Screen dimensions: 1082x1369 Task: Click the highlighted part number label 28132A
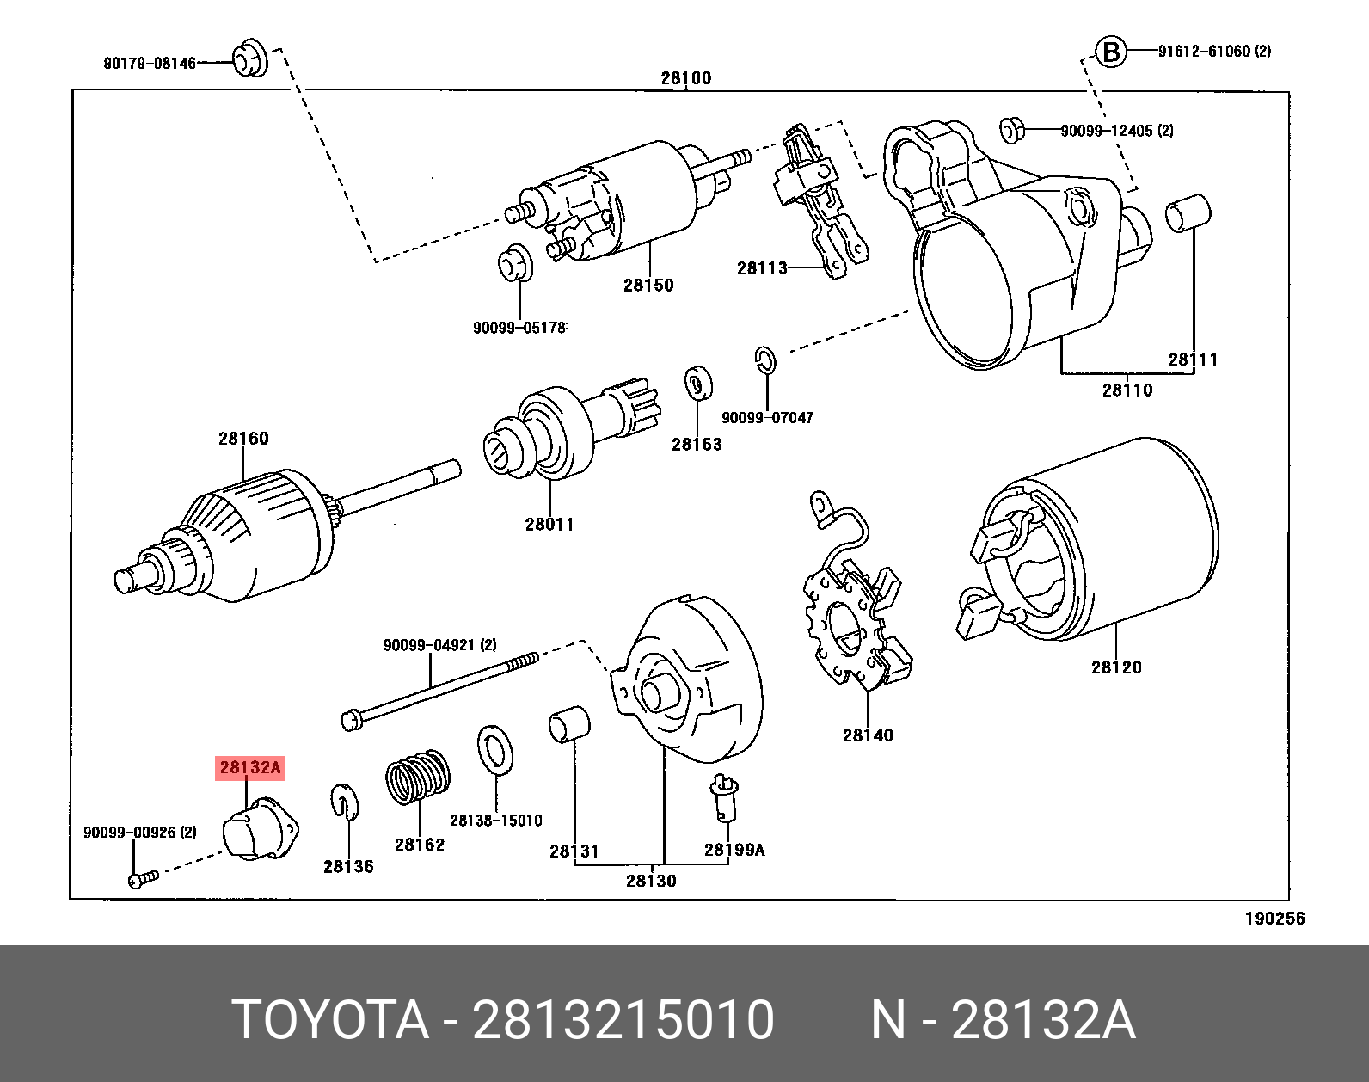coord(249,767)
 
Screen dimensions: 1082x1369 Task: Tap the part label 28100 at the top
coord(685,78)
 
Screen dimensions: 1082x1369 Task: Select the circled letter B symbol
coord(1111,52)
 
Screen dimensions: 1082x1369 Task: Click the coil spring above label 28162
coord(418,777)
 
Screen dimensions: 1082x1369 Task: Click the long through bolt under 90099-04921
coord(439,688)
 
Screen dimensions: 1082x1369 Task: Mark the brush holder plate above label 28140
coord(856,619)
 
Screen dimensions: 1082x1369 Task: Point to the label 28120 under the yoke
coord(1116,667)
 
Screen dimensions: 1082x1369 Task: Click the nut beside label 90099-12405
coord(1010,131)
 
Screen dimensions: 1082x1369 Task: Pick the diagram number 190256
coord(1274,919)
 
